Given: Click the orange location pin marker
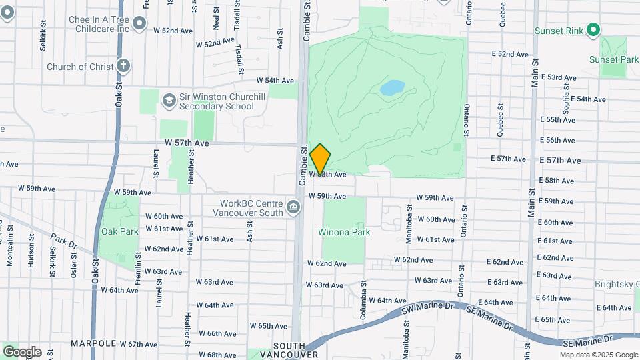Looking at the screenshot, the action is pos(321,159).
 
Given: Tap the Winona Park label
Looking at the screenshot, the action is pos(344,233).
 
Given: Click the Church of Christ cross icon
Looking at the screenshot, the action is pos(122,66).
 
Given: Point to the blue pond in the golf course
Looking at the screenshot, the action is pos(393,87).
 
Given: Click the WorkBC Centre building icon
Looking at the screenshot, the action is pos(293,207).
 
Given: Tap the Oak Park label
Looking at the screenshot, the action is pos(119,232).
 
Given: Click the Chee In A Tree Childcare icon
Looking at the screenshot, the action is pos(139,25).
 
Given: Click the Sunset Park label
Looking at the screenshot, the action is pos(613,59).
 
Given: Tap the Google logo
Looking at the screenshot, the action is pos(22,351).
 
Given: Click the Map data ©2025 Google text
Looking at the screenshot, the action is pos(599,355).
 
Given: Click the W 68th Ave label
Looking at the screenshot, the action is pos(217,355).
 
